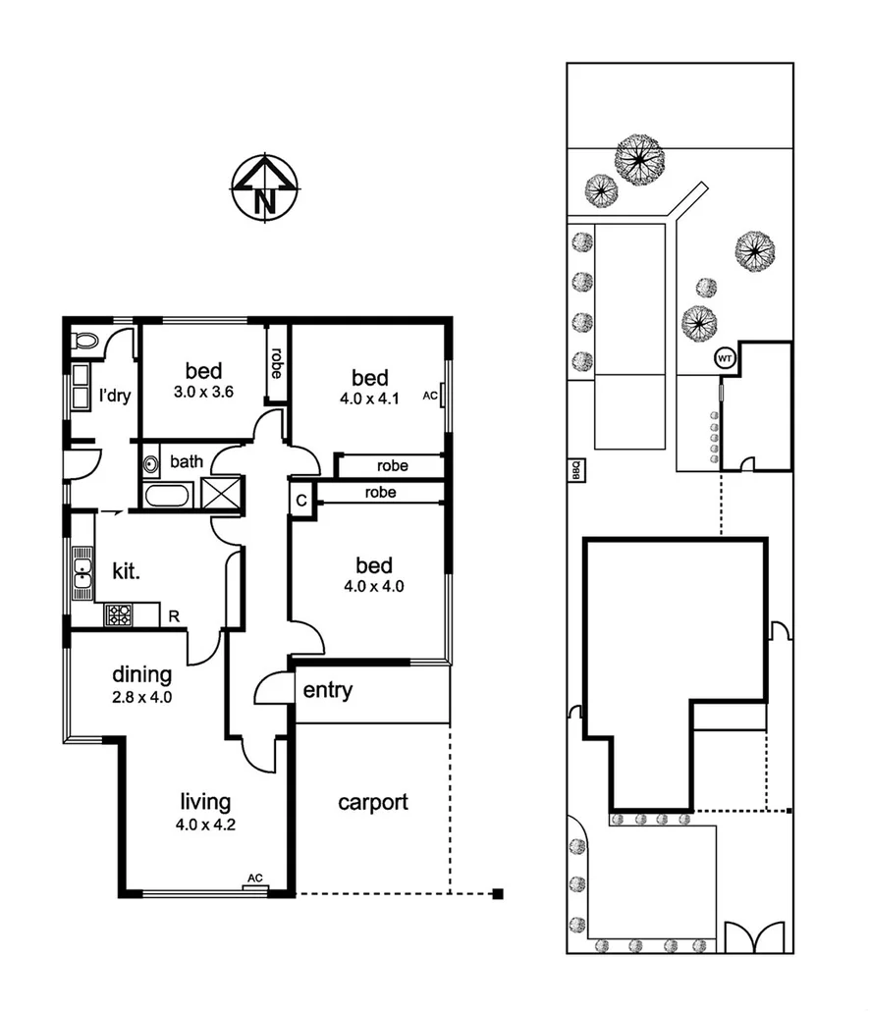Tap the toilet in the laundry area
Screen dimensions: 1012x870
coord(86,341)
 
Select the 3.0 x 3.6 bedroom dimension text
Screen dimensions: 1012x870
coord(204,392)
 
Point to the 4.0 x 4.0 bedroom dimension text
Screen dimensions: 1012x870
coord(373,587)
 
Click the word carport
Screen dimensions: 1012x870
coord(372,802)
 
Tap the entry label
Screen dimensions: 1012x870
coord(327,690)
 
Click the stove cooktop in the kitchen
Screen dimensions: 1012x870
coord(119,615)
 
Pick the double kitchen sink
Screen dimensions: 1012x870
coord(82,571)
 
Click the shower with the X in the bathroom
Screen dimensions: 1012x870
coord(222,492)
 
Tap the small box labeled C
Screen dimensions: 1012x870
coord(300,499)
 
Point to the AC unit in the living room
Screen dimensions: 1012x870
coord(254,879)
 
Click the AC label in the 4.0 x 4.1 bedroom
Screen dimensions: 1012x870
coord(428,396)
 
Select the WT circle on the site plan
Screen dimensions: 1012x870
coord(725,358)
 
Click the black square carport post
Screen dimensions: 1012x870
coord(498,893)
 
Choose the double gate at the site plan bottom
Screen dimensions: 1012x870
coord(754,937)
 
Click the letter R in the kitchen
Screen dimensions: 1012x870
coord(173,616)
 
